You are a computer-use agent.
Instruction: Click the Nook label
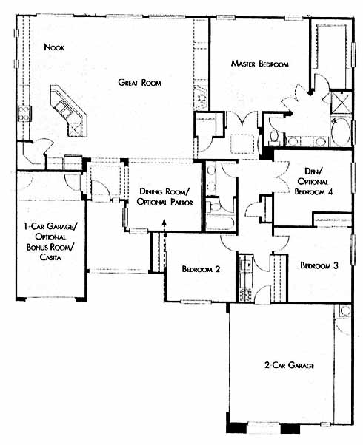pyautogui.click(x=54, y=47)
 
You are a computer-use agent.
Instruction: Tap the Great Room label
pyautogui.click(x=139, y=83)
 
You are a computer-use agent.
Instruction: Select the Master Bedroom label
pyautogui.click(x=259, y=64)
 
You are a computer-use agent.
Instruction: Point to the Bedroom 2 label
pyautogui.click(x=201, y=269)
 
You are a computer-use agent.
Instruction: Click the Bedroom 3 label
pyautogui.click(x=319, y=265)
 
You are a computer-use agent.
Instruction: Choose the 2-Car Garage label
pyautogui.click(x=290, y=365)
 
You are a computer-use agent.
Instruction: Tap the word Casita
pyautogui.click(x=50, y=257)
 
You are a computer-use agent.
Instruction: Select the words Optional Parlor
pyautogui.click(x=164, y=202)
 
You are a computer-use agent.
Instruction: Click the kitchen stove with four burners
pyautogui.click(x=24, y=113)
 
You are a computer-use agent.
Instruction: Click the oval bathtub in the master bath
pyautogui.click(x=341, y=133)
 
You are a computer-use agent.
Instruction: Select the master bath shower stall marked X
pyautogui.click(x=341, y=102)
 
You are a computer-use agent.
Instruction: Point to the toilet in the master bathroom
pyautogui.click(x=274, y=136)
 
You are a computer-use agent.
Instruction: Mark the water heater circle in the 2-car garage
pyautogui.click(x=345, y=310)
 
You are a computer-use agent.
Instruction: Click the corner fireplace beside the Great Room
pyautogui.click(x=202, y=96)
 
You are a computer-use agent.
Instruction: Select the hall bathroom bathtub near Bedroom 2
pyautogui.click(x=221, y=222)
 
